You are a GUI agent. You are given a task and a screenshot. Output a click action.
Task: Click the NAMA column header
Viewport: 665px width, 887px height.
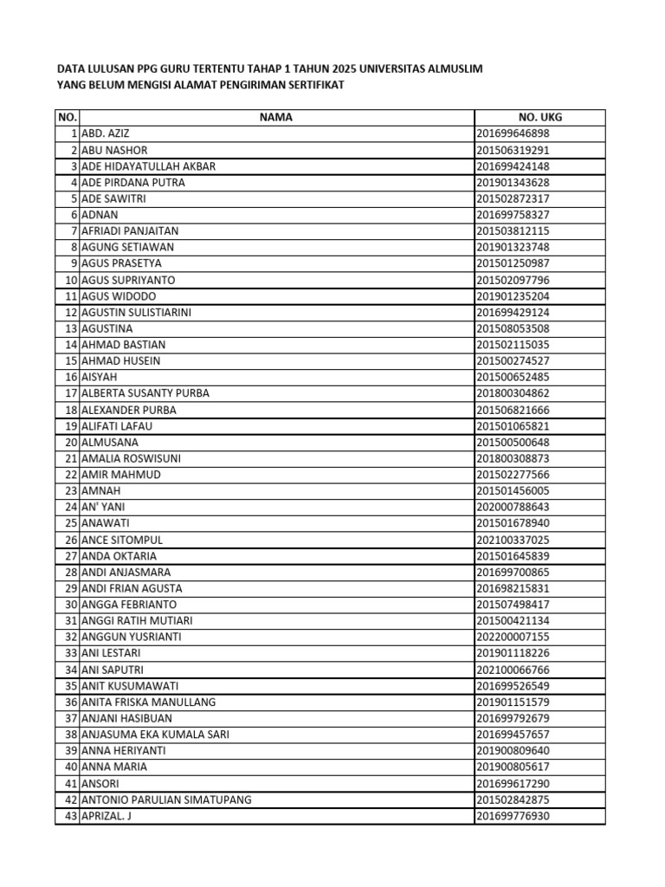coord(276,118)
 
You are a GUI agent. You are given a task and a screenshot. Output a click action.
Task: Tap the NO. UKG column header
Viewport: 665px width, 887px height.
coord(539,118)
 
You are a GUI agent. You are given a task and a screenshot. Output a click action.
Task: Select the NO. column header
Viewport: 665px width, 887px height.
coord(67,118)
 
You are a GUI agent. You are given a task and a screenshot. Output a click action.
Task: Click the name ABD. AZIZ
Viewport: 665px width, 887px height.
coord(105,133)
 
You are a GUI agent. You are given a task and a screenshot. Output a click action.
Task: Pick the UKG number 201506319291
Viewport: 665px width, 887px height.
coord(513,150)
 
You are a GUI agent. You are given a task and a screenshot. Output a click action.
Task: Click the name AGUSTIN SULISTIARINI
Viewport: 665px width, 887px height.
coord(136,312)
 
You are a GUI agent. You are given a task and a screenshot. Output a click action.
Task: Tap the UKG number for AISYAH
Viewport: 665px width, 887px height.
coord(513,377)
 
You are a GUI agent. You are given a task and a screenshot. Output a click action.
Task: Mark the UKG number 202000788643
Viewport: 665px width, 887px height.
coord(513,507)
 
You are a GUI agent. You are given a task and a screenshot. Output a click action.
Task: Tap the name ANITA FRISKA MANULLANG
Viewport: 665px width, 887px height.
coord(148,702)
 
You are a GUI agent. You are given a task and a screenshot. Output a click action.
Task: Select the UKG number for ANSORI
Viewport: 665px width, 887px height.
coord(513,783)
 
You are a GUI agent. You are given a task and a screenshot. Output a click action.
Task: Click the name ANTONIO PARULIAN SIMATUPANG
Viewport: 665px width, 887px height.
coord(166,800)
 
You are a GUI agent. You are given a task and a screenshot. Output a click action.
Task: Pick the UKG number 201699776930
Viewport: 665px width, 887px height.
coord(513,816)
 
